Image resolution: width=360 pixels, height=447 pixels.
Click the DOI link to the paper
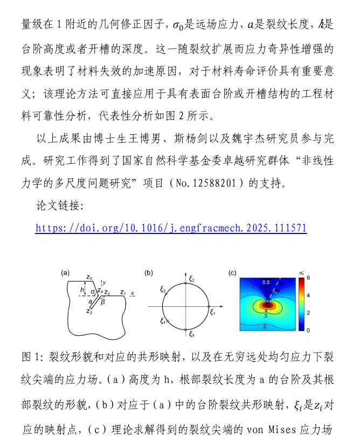pos(171,228)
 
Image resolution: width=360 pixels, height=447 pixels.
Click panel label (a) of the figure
pos(65,272)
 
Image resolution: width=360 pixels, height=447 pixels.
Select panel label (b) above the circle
pos(149,272)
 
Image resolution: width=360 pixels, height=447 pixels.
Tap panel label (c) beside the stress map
pos(232,272)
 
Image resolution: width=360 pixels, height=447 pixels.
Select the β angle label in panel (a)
pos(103,303)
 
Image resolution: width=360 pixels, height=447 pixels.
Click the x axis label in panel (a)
pos(133,293)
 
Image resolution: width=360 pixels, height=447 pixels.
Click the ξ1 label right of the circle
pos(213,312)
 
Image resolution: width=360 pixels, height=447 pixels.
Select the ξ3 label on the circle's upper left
pos(163,290)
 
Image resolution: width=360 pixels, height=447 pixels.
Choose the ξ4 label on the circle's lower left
pos(162,321)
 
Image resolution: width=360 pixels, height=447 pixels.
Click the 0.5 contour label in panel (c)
pos(266,282)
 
